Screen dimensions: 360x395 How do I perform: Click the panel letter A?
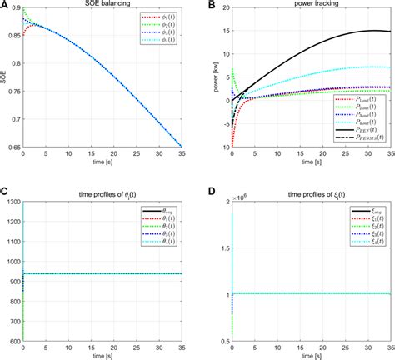point(4,5)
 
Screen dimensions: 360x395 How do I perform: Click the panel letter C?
point(4,191)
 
